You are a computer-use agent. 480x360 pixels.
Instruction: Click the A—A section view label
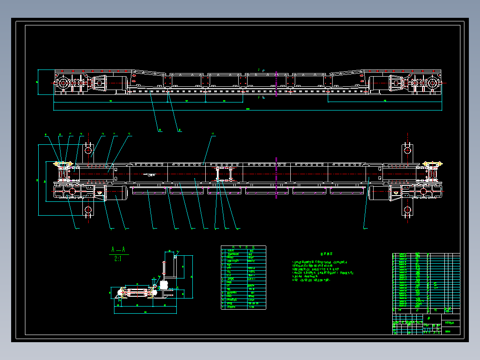[x=118, y=249]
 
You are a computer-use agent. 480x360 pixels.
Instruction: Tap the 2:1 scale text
[x=118, y=258]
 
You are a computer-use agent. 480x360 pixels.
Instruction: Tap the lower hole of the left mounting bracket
[x=88, y=210]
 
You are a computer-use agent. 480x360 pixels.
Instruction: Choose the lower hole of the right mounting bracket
[x=407, y=209]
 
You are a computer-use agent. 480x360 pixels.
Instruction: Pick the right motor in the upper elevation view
[x=378, y=83]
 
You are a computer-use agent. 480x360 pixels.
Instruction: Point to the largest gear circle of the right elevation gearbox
[x=432, y=83]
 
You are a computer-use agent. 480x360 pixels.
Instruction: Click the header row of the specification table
[x=244, y=247]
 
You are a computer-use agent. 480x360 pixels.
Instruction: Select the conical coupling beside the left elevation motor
[x=99, y=83]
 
